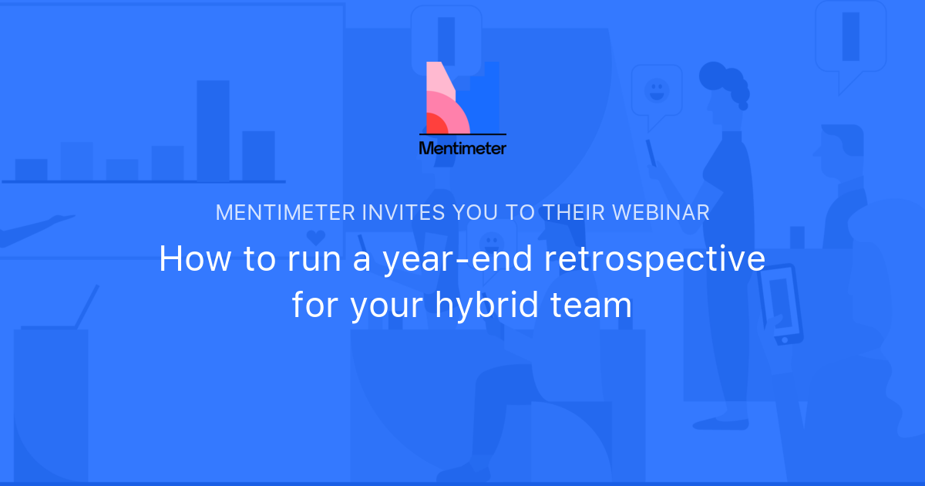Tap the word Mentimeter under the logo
pos(462,147)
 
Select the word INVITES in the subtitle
pos(392,214)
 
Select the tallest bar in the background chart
pos(213,130)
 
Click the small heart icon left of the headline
pos(314,236)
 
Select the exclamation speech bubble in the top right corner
pos(850,40)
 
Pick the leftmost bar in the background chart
pos(31,170)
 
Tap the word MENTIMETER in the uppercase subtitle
pos(285,214)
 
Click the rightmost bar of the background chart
pos(258,156)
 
